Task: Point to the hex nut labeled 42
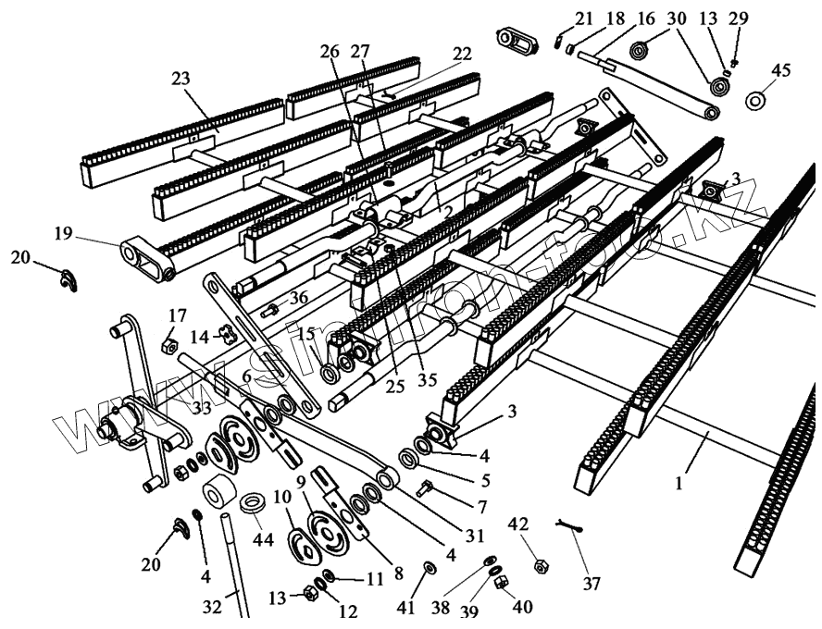pyautogui.click(x=537, y=563)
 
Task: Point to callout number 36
pyautogui.click(x=296, y=298)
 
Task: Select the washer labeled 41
pyautogui.click(x=430, y=566)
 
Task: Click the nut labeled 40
pyautogui.click(x=500, y=583)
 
